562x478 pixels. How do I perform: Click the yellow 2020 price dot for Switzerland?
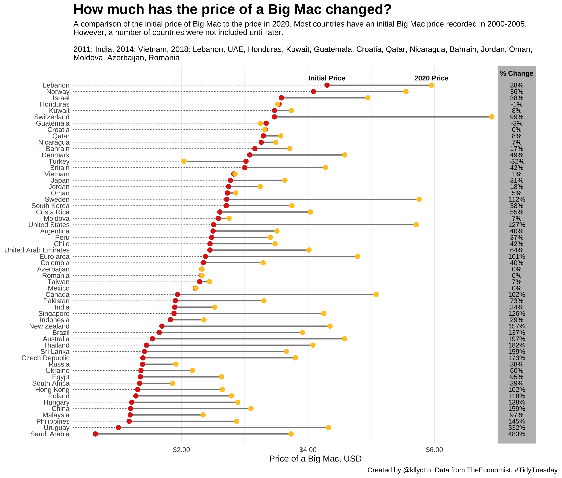pos(492,117)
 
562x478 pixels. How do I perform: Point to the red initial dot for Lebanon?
pos(327,85)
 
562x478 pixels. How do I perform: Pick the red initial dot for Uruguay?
pos(118,428)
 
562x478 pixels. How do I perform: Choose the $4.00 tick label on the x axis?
pos(308,450)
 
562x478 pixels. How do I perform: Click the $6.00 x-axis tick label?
pos(434,450)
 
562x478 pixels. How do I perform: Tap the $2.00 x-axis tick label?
pos(182,450)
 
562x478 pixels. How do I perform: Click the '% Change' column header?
pos(516,73)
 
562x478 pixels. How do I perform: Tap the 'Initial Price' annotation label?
pos(327,78)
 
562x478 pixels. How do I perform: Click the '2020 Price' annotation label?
pos(431,78)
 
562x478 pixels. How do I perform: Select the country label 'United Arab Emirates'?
pos(37,250)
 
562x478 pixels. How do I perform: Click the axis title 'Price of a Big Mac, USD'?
pos(315,459)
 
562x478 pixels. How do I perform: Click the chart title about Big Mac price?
pos(232,10)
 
